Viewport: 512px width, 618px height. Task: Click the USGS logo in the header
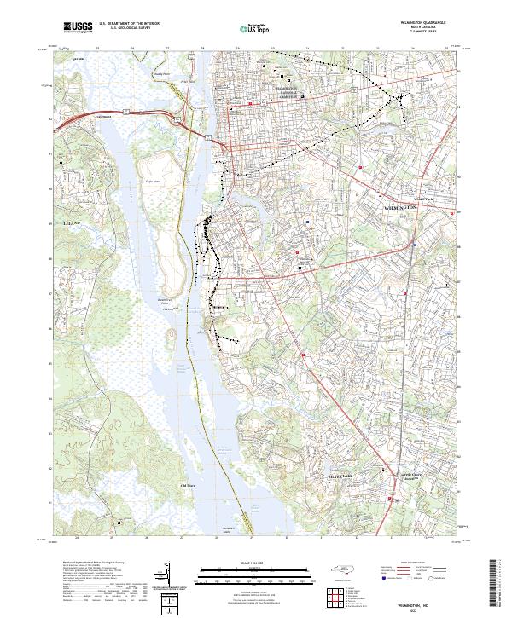pos(78,28)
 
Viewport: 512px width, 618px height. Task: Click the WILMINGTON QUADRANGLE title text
pos(423,23)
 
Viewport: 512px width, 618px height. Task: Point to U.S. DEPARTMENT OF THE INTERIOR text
pos(130,24)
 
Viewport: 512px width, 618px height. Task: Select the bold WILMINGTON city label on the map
pos(399,208)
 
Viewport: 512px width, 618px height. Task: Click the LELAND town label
pos(71,222)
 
